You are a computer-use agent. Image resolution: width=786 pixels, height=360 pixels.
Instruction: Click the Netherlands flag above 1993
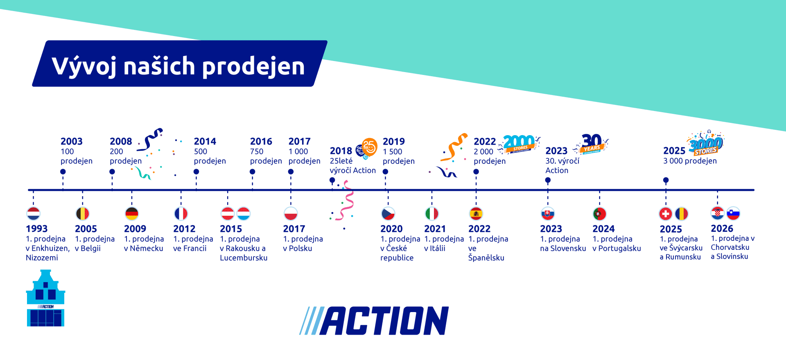pos(34,213)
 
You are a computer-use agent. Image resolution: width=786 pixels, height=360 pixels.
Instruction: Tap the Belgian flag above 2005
pos(83,213)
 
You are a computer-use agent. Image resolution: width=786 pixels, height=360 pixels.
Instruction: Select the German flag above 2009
pos(132,213)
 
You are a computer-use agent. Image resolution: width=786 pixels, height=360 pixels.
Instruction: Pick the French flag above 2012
pos(181,213)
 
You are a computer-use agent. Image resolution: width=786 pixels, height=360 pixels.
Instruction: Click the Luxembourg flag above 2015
pos(244,213)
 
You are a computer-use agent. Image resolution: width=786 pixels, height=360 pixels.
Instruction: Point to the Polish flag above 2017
pos(291,213)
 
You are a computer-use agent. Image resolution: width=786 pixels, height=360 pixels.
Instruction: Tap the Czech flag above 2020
pos(388,213)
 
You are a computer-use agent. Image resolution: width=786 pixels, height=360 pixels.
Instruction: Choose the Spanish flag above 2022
pos(476,213)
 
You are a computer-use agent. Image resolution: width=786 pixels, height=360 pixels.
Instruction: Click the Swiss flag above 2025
pos(666,213)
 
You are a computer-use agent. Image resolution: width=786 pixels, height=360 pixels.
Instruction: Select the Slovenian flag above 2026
pos(733,213)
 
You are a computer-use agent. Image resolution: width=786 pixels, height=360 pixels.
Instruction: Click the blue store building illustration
pos(45,298)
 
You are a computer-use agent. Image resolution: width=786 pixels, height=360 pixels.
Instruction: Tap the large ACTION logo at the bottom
pos(374,321)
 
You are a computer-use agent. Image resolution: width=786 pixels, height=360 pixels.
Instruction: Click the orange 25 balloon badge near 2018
pos(369,147)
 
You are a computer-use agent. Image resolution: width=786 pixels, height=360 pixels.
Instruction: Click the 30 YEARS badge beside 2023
pos(592,143)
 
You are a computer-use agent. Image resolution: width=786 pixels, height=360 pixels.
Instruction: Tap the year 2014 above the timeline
pos(205,141)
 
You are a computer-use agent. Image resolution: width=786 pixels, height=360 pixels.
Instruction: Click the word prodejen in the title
pos(253,66)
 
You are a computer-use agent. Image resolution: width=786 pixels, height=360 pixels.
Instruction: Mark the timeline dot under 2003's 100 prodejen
pos(63,172)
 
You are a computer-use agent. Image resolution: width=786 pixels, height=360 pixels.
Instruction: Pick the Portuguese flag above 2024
pos(600,213)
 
